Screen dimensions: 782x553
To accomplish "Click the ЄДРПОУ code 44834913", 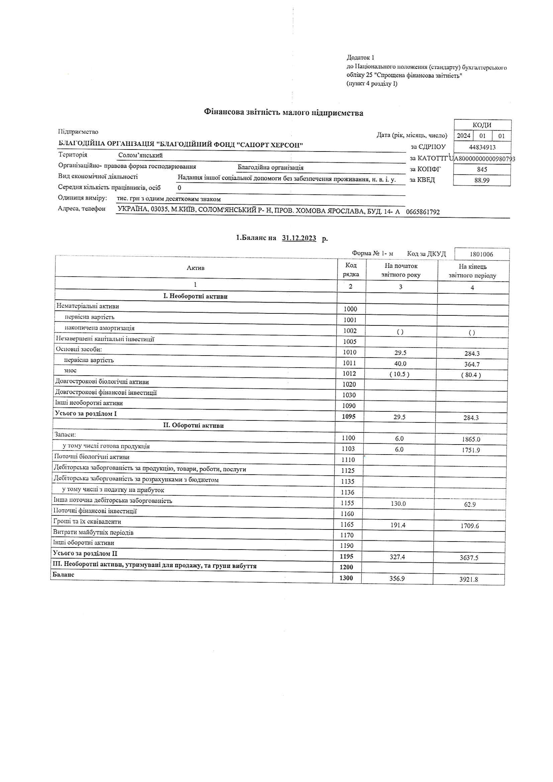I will [x=482, y=147].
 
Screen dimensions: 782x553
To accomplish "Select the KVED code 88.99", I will [x=482, y=180].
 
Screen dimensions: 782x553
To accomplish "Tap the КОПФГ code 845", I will [x=482, y=169].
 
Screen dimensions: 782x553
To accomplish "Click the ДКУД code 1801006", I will [x=481, y=254].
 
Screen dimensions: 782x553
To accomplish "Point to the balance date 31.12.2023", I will [x=299, y=238].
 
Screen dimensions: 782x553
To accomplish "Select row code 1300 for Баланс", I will [x=346, y=578].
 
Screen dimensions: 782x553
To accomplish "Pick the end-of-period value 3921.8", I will [x=468, y=579].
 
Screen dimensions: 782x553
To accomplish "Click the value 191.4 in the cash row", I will [x=398, y=525].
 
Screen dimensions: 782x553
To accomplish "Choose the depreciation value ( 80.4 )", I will [x=471, y=375].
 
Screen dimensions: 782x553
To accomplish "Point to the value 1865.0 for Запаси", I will [x=471, y=439].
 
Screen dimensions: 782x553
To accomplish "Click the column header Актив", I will [x=196, y=268].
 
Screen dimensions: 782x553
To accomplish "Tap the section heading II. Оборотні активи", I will [x=193, y=425].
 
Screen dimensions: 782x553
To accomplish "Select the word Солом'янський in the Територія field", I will [x=140, y=155].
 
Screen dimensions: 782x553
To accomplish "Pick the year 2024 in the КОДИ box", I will [x=463, y=136].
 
